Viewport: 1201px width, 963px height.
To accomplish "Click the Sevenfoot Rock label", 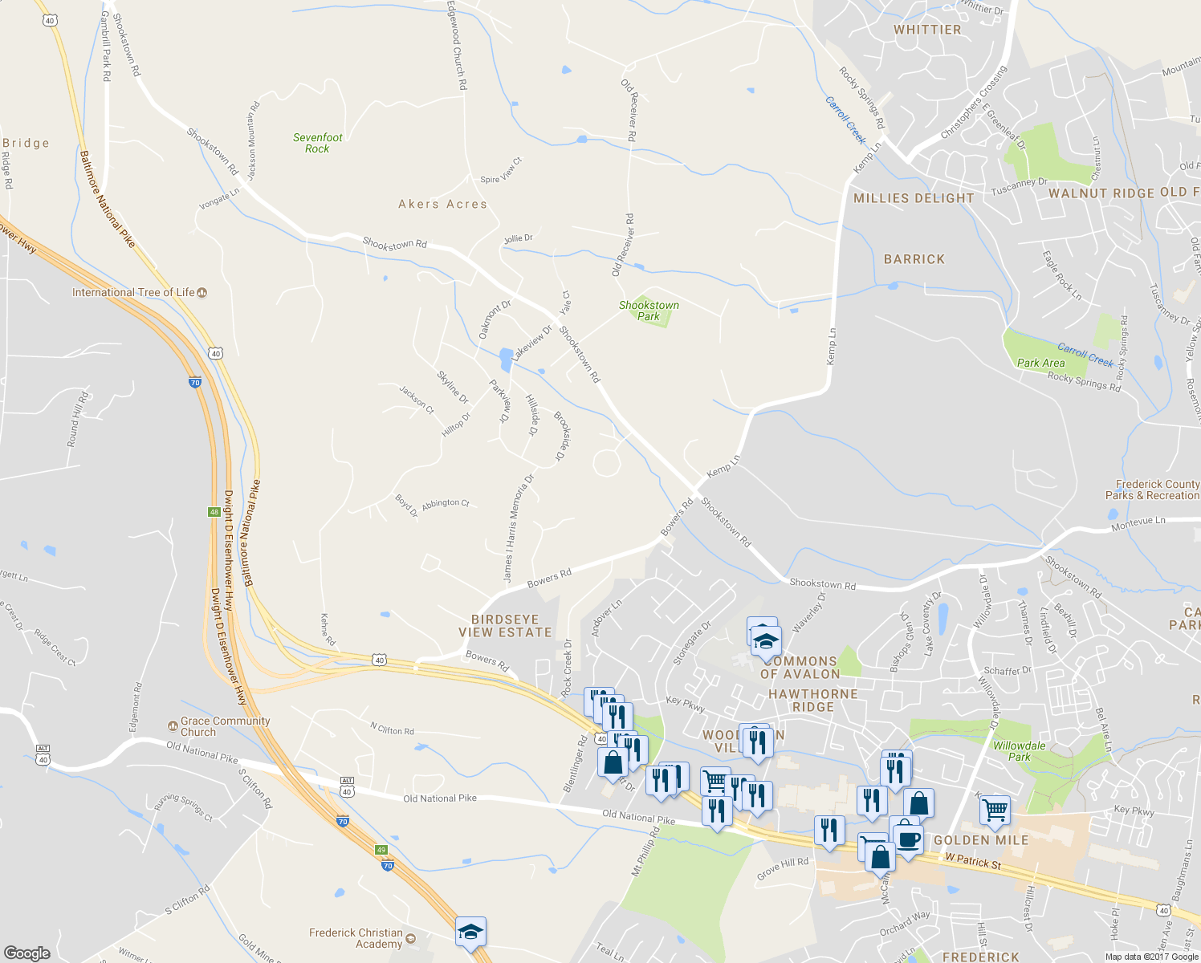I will tap(317, 143).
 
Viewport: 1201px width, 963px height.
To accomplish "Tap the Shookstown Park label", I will tap(649, 311).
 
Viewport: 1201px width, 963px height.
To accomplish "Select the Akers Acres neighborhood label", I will tap(442, 204).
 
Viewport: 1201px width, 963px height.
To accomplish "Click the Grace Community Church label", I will tap(225, 726).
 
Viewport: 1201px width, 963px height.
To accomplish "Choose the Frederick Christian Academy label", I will tap(356, 938).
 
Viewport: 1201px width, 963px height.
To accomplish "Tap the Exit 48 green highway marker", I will tap(214, 511).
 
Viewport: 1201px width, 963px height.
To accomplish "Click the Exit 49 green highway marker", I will tap(381, 849).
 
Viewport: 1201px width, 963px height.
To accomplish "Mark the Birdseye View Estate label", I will tap(505, 626).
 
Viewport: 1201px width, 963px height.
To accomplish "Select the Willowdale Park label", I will tap(1019, 751).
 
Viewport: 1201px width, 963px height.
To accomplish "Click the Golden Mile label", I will tap(980, 840).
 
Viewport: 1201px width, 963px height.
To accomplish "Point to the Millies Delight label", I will tap(914, 198).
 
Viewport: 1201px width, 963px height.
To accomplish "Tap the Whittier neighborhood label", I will tap(927, 30).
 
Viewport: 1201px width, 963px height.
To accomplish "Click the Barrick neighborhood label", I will tap(914, 259).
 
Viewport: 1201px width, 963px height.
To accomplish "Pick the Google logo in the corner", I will tap(26, 953).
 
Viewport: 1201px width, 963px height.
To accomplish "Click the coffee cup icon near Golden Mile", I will tap(908, 839).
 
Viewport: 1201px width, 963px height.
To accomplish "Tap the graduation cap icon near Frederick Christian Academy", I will tap(470, 932).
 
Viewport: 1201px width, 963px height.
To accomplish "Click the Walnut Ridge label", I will tap(1101, 193).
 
